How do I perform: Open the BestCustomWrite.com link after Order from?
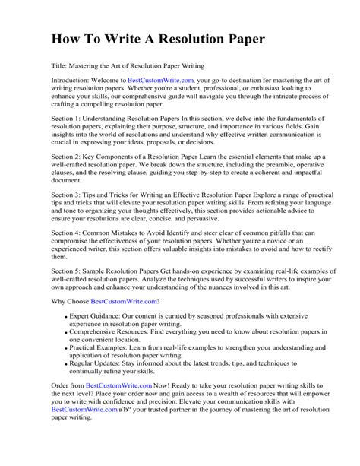tap(118, 386)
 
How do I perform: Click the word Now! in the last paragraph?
tap(163, 386)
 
